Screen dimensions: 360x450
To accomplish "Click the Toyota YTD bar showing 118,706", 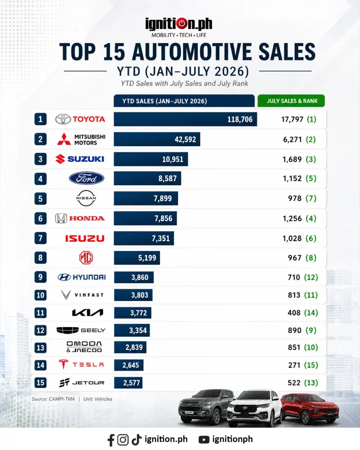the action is [x=185, y=119].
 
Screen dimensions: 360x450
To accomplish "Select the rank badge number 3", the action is [x=40, y=159].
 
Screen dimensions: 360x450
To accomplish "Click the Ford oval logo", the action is [x=87, y=178].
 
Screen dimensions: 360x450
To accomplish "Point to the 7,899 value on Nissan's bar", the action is [x=163, y=199].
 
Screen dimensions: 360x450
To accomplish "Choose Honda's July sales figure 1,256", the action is [x=292, y=218].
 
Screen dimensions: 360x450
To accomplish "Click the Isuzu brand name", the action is [x=85, y=238].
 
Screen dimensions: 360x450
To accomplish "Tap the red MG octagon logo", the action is [x=86, y=258].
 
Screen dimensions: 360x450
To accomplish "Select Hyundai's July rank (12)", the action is [x=311, y=277].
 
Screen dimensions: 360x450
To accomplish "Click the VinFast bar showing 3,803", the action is [x=133, y=295].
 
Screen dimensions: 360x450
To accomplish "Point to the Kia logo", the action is [x=87, y=312].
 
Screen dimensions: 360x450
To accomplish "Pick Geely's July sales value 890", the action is [x=295, y=330].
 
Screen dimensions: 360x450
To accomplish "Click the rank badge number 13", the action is [x=40, y=348].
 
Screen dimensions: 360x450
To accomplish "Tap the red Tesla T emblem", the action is [x=63, y=364].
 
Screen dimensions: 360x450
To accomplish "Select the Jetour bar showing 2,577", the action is [x=128, y=383].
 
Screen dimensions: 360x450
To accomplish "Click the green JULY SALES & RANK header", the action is [x=291, y=101].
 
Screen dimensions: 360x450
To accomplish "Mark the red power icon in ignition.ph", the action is [x=182, y=24].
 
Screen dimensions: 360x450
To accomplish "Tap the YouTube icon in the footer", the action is [x=204, y=439].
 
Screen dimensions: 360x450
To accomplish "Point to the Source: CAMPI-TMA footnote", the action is [x=53, y=399].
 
